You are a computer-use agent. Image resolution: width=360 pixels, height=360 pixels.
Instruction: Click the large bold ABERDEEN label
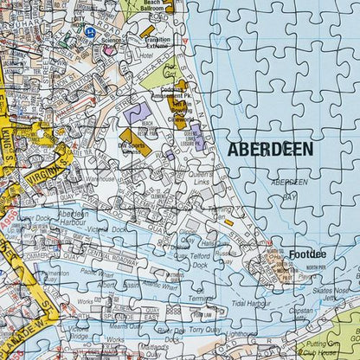[x=270, y=149]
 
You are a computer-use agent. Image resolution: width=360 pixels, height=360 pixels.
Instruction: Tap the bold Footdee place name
[x=307, y=254]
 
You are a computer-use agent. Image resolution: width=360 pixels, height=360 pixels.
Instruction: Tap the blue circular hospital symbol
[x=89, y=31]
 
